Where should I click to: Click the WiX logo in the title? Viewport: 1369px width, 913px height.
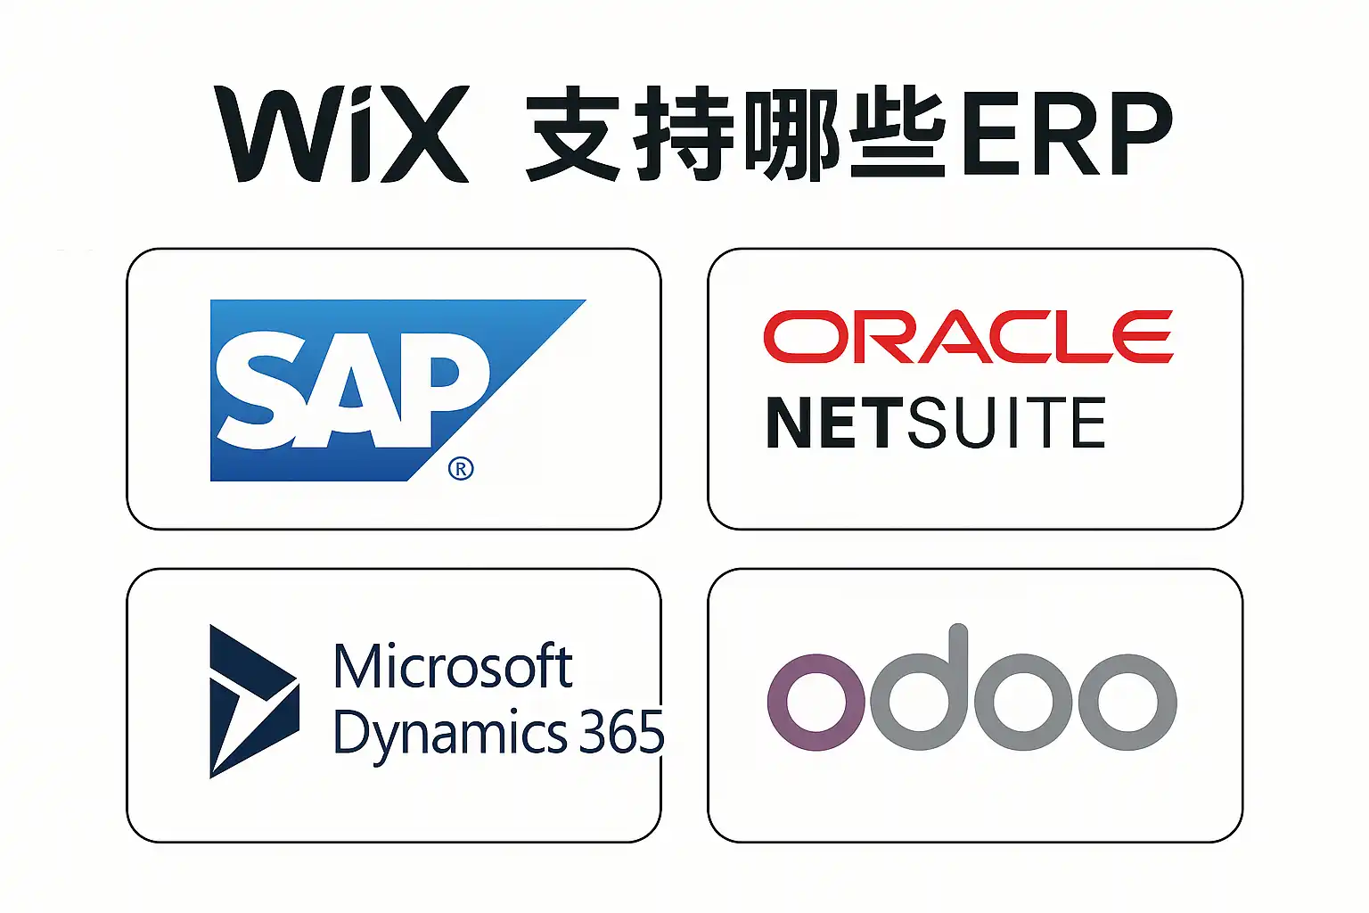pyautogui.click(x=341, y=134)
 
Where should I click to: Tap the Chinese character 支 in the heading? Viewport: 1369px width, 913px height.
pyautogui.click(x=572, y=134)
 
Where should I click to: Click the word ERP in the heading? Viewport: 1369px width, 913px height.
pyautogui.click(x=1066, y=134)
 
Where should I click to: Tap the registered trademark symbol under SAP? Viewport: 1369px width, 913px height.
pyautogui.click(x=461, y=468)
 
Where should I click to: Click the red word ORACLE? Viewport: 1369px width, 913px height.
pyautogui.click(x=968, y=337)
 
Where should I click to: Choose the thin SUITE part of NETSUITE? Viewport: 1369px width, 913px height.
pyautogui.click(x=1007, y=423)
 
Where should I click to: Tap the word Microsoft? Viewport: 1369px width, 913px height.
pyautogui.click(x=452, y=666)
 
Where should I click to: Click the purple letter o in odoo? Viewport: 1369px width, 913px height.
pyautogui.click(x=816, y=702)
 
